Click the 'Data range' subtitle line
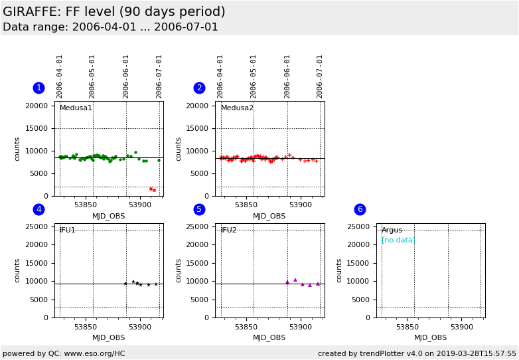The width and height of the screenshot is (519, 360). click(x=110, y=27)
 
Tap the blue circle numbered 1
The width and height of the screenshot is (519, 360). click(x=38, y=88)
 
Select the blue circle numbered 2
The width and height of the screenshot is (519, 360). click(x=199, y=88)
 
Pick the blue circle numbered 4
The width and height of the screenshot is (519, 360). click(x=38, y=209)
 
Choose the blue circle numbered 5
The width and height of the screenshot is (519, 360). click(x=199, y=209)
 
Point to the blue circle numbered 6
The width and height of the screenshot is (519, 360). click(x=360, y=209)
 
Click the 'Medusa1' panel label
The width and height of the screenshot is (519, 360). click(x=76, y=108)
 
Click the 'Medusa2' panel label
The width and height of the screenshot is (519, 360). click(x=237, y=108)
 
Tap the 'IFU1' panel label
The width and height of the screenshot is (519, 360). click(x=68, y=230)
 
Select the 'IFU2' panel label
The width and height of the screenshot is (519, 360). click(x=229, y=230)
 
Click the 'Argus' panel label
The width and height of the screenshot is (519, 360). click(x=392, y=230)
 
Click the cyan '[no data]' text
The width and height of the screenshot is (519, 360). click(x=398, y=240)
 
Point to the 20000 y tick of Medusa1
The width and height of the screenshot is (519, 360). click(x=37, y=106)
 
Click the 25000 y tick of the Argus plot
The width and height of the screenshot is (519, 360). click(x=358, y=226)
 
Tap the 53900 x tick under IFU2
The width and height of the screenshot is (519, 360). click(x=301, y=327)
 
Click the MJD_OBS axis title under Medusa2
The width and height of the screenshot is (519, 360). click(x=269, y=216)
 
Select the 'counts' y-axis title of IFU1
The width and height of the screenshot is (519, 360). click(x=18, y=270)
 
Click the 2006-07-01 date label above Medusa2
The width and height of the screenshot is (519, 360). click(x=320, y=76)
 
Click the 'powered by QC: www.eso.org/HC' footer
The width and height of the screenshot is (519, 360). click(x=64, y=353)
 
